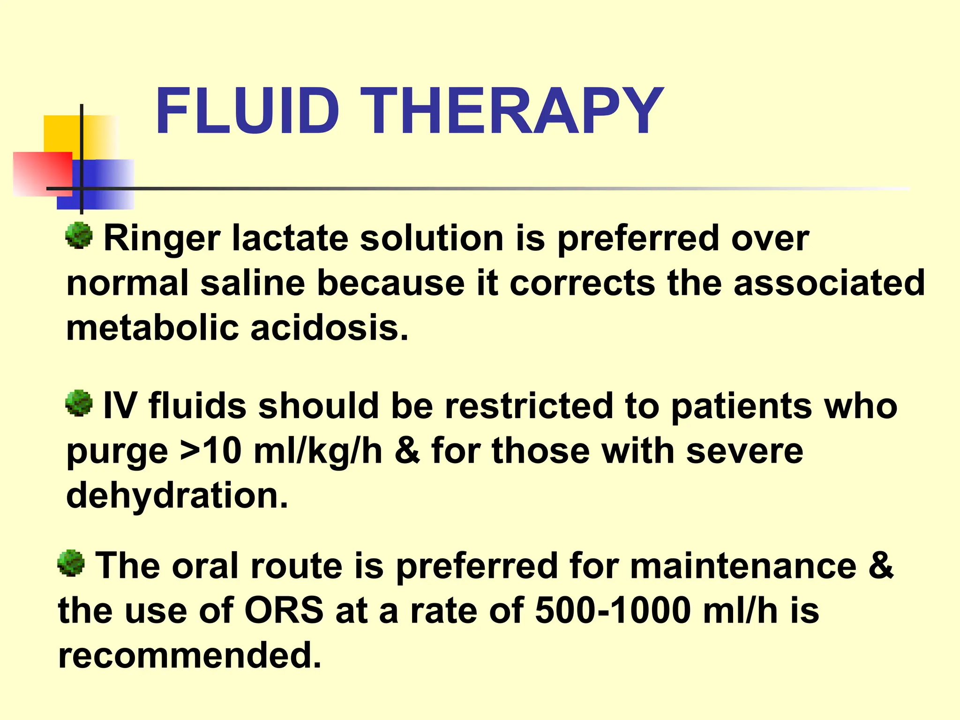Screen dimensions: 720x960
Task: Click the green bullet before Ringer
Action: (x=79, y=235)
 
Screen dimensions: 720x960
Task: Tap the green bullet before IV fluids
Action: (x=79, y=403)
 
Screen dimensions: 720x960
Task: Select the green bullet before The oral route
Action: (x=71, y=563)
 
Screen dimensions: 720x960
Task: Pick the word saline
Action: (x=253, y=283)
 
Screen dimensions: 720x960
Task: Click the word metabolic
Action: (x=153, y=328)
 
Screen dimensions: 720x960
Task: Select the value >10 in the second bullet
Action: (x=211, y=451)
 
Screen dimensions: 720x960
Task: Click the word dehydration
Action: (x=177, y=495)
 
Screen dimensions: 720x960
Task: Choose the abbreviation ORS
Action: (x=284, y=611)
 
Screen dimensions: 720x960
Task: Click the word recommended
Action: (x=190, y=655)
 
